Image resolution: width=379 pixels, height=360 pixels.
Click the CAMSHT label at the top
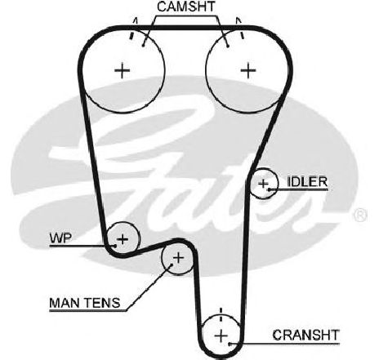(x=186, y=7)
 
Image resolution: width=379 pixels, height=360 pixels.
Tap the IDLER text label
(x=307, y=182)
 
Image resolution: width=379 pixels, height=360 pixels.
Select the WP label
(x=60, y=238)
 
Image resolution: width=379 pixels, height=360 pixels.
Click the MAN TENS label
(x=85, y=303)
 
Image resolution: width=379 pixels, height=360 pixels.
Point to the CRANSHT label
(x=306, y=335)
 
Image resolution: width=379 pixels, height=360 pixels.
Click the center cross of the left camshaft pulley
(x=123, y=71)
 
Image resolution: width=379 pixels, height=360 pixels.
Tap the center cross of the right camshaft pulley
(x=248, y=71)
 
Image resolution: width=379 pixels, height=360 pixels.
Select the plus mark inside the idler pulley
(x=263, y=184)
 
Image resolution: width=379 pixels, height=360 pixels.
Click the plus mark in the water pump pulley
(x=123, y=239)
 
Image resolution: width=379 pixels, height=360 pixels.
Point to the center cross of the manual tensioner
(x=178, y=258)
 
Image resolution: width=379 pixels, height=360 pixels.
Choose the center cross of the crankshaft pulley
(x=221, y=336)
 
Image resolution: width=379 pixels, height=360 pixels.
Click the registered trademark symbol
(x=360, y=216)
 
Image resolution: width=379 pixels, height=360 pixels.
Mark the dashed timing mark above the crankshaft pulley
(x=221, y=315)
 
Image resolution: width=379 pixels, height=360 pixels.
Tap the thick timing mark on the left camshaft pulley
(x=132, y=35)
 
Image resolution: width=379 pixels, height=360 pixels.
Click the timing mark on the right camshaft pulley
(x=242, y=35)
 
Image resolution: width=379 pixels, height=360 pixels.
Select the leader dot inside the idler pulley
(x=269, y=189)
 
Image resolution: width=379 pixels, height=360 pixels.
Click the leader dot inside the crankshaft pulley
(x=230, y=344)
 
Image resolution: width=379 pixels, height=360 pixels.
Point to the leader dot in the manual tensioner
(x=172, y=264)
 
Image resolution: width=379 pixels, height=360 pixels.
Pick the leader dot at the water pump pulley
(x=115, y=246)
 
